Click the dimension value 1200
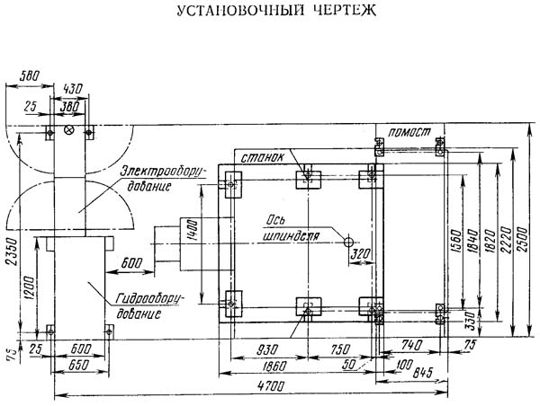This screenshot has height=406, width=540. tap(32, 286)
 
